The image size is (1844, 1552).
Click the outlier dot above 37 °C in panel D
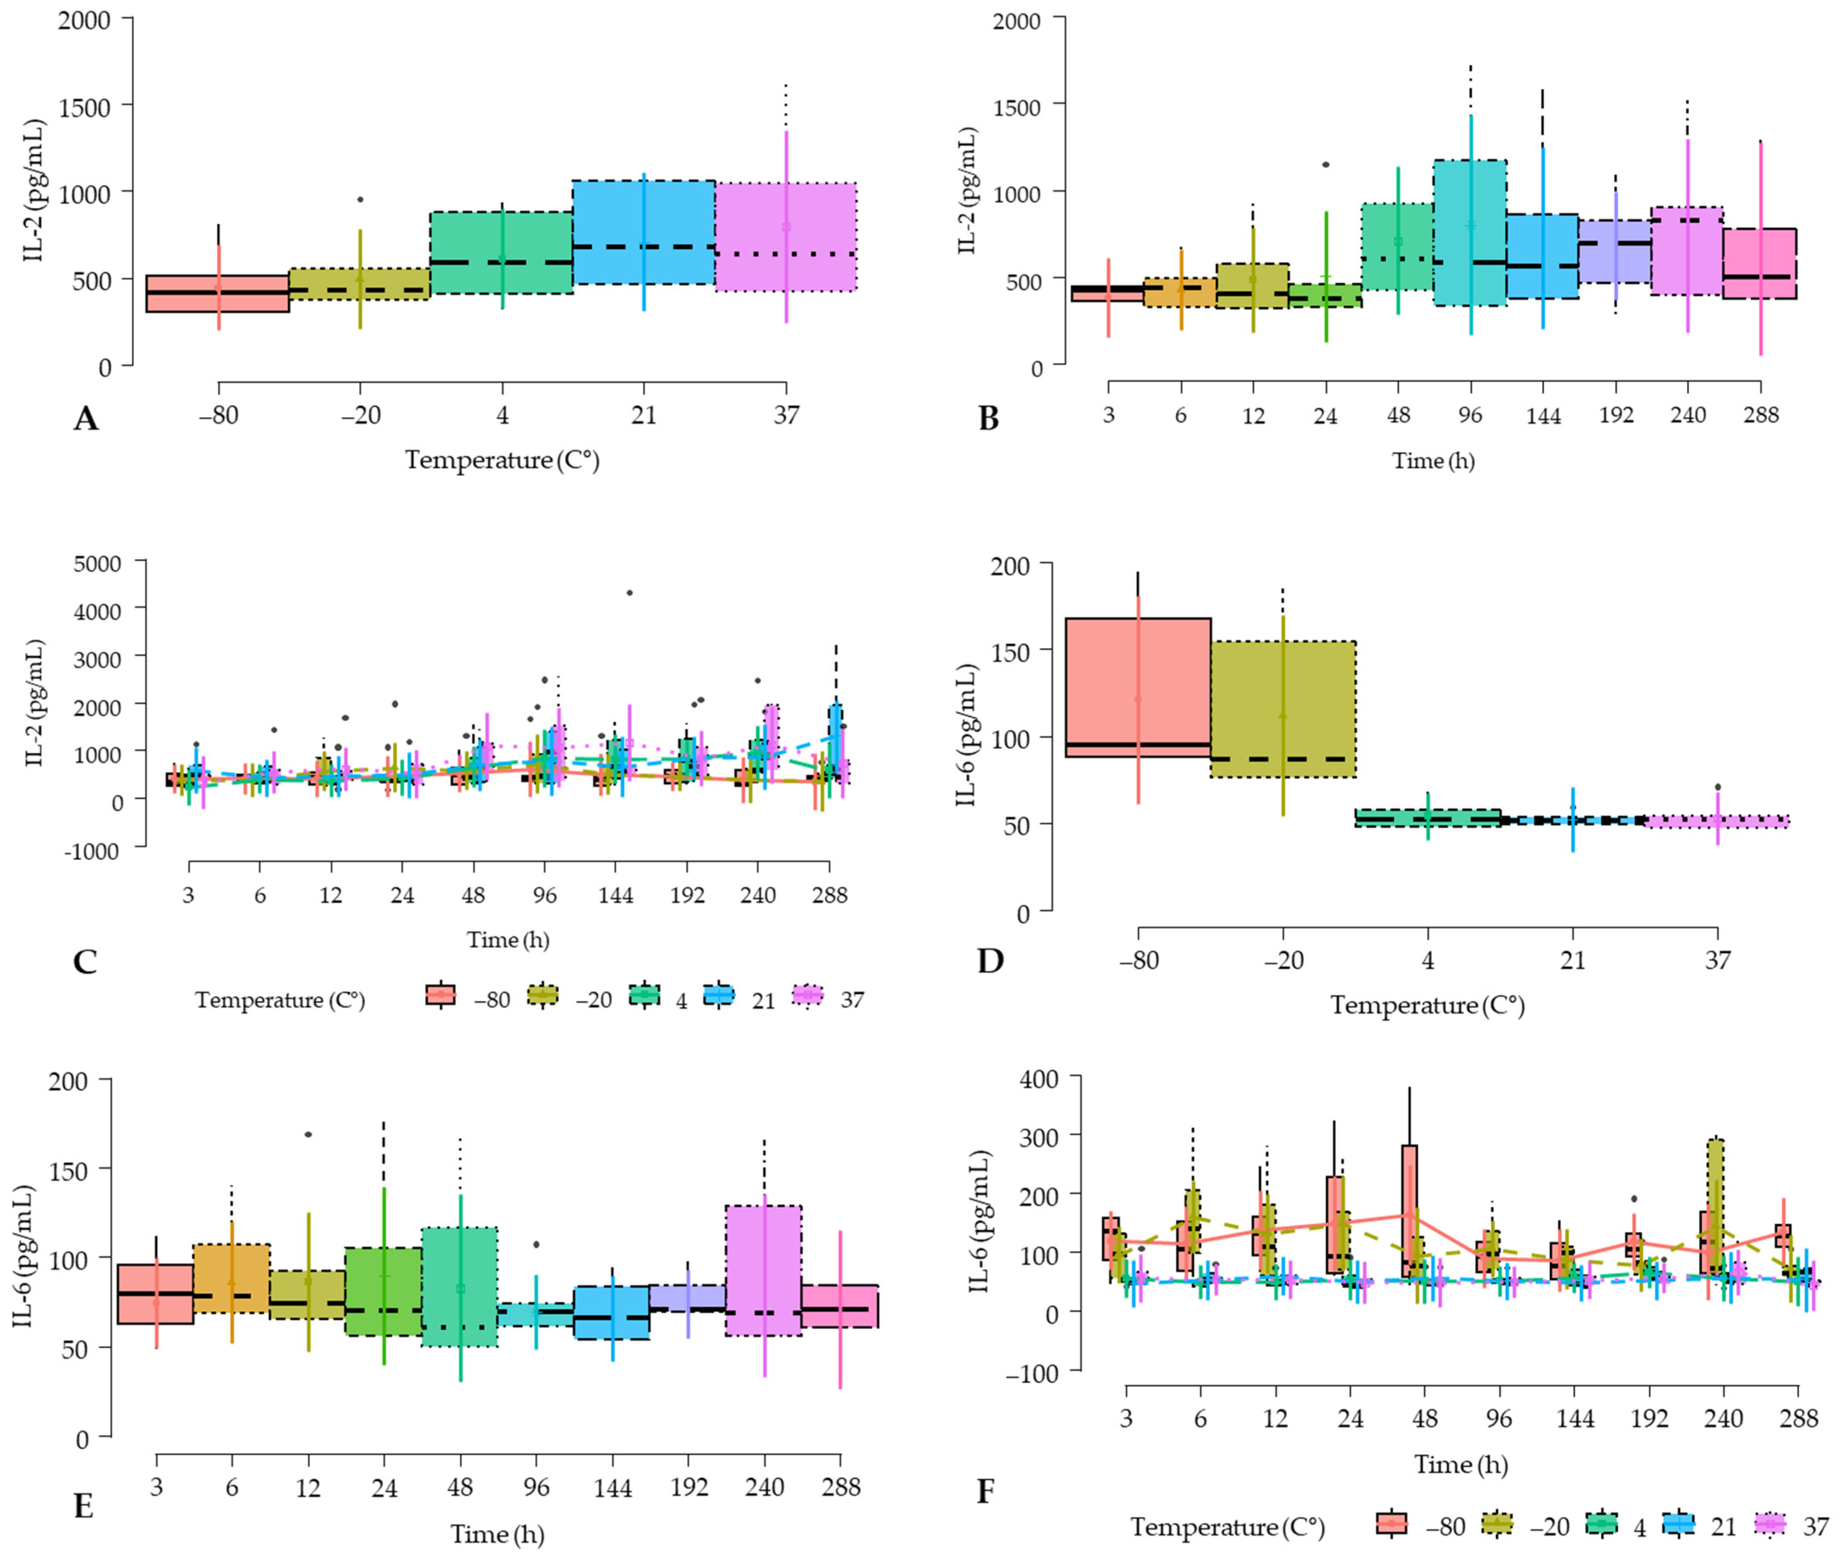(x=1717, y=787)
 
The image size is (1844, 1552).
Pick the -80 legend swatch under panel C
(x=440, y=994)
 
